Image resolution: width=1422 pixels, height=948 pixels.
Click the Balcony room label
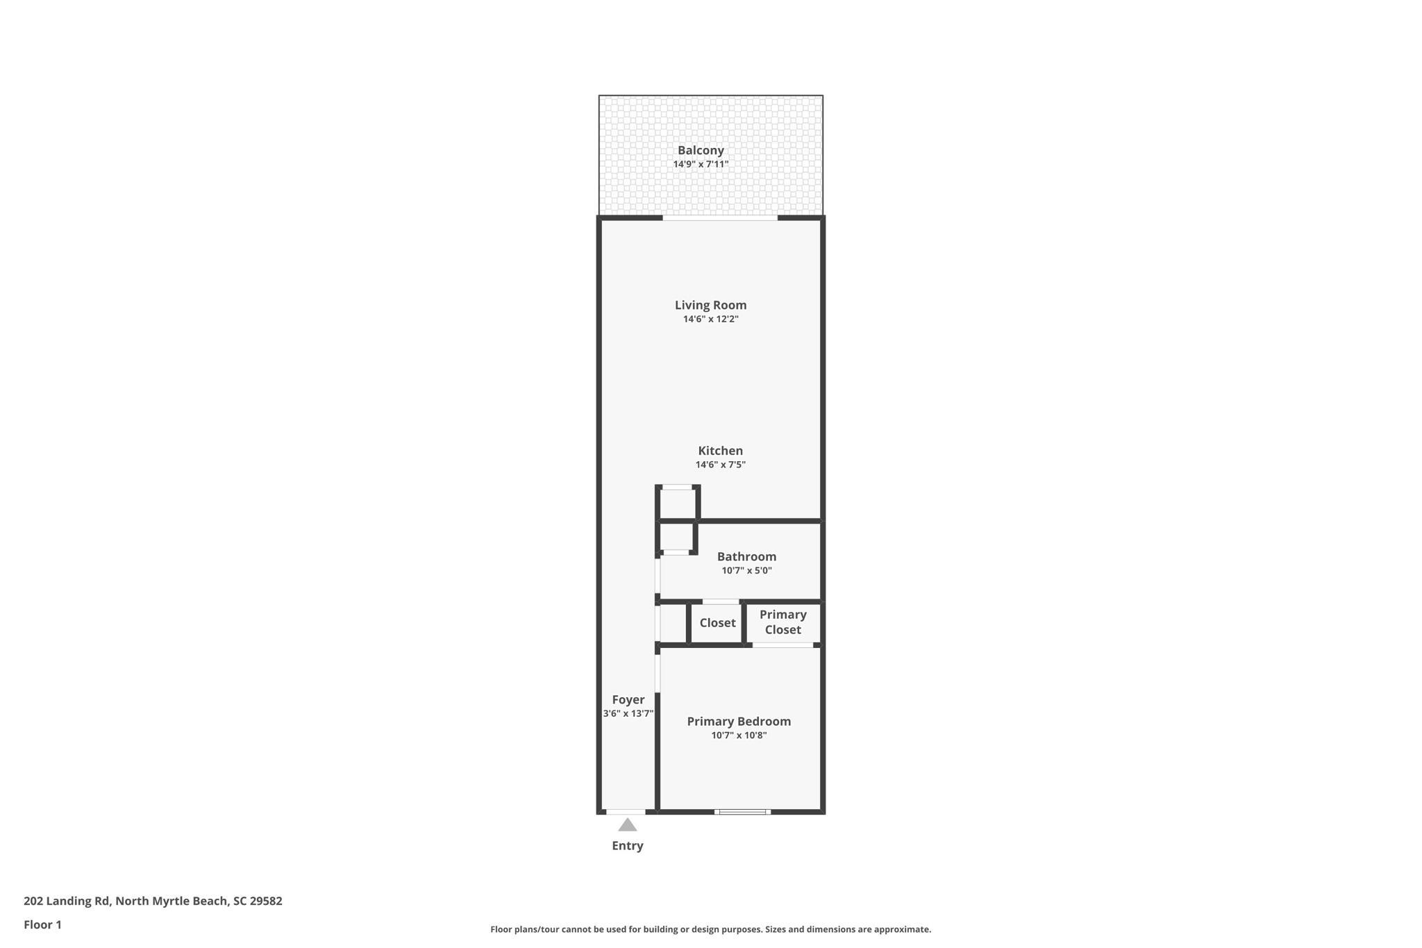pyautogui.click(x=701, y=150)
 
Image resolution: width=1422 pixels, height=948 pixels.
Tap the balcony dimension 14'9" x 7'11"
pyautogui.click(x=701, y=165)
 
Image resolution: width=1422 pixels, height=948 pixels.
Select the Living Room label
pyautogui.click(x=710, y=305)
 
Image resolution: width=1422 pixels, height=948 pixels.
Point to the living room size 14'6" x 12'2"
pyautogui.click(x=710, y=319)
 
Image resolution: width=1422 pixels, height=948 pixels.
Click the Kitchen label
pyautogui.click(x=720, y=451)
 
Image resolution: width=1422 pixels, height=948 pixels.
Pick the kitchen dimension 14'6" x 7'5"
pyautogui.click(x=720, y=465)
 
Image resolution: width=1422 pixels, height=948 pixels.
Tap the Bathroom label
pyautogui.click(x=746, y=556)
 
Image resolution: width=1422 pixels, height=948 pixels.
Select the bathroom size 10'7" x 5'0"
pyautogui.click(x=746, y=571)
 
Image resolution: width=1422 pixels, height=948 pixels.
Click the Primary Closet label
pyautogui.click(x=783, y=622)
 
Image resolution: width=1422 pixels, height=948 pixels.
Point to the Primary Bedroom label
pyautogui.click(x=739, y=722)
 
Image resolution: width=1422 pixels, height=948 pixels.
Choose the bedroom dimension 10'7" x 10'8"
pyautogui.click(x=739, y=735)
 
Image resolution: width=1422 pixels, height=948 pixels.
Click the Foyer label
pyautogui.click(x=628, y=700)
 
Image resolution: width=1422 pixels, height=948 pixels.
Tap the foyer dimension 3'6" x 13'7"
pyautogui.click(x=628, y=714)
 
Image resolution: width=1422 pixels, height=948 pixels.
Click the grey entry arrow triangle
pyautogui.click(x=628, y=826)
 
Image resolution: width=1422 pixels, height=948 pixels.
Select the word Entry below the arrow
pyautogui.click(x=628, y=846)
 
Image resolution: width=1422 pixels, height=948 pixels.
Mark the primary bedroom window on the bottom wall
pyautogui.click(x=742, y=812)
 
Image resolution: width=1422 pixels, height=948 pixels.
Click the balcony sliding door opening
pyautogui.click(x=720, y=218)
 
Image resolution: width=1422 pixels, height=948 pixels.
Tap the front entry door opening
pyautogui.click(x=626, y=812)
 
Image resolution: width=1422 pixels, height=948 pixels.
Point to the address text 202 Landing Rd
pyautogui.click(x=67, y=901)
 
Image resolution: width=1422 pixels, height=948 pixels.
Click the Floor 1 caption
pyautogui.click(x=42, y=925)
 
